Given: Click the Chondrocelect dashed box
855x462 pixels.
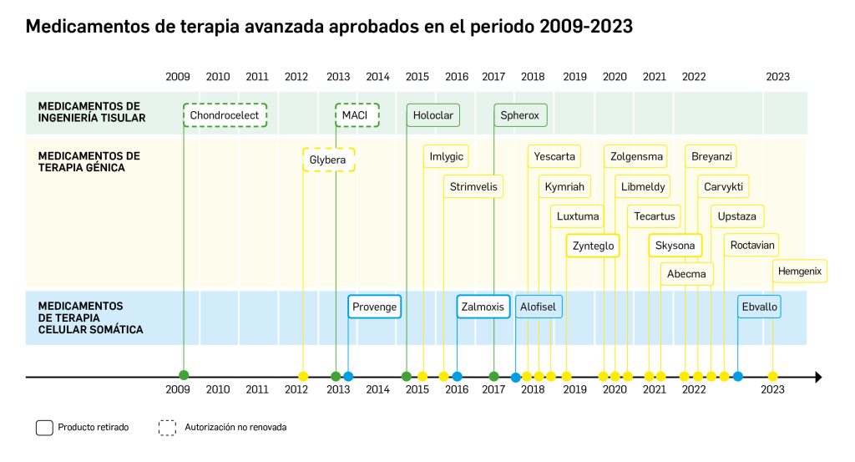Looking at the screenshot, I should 225,114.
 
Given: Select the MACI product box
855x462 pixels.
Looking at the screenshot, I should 357,114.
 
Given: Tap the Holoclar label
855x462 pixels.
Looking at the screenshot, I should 433,114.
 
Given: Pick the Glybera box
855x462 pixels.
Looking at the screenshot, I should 328,160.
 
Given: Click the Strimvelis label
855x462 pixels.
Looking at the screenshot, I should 473,186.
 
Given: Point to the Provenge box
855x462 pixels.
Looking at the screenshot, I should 375,307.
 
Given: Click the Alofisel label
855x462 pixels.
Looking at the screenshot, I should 539,307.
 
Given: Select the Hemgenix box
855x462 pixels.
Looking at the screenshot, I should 799,271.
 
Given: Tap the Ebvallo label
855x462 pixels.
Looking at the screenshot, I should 759,307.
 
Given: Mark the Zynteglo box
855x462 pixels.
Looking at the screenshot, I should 593,246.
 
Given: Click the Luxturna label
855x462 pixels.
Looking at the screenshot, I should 578,216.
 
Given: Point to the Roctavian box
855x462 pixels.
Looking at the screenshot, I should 752,246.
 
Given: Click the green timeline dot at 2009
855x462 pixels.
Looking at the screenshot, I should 184,376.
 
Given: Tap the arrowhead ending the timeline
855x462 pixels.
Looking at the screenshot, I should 818,377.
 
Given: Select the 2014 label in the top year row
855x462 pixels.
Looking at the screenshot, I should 377,77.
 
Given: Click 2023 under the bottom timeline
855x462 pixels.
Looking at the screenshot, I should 773,389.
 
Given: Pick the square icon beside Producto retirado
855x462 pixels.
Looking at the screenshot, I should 44,428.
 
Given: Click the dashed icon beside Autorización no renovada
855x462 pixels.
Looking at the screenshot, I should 167,428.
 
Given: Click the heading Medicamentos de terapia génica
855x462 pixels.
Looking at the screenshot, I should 89,162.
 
